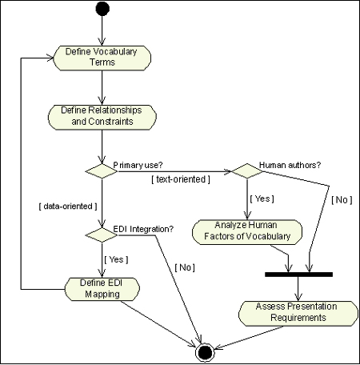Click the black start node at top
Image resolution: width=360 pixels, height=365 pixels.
102,10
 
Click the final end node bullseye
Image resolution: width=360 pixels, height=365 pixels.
204,350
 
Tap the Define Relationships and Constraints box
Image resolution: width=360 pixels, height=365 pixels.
102,117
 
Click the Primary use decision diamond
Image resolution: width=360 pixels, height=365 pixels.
102,170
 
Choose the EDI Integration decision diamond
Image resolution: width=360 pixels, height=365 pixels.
102,234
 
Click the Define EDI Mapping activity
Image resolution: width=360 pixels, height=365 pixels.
102,288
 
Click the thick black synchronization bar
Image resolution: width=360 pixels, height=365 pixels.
298,274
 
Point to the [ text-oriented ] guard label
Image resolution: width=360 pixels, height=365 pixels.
180,178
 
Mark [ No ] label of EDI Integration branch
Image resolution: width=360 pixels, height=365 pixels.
185,264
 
